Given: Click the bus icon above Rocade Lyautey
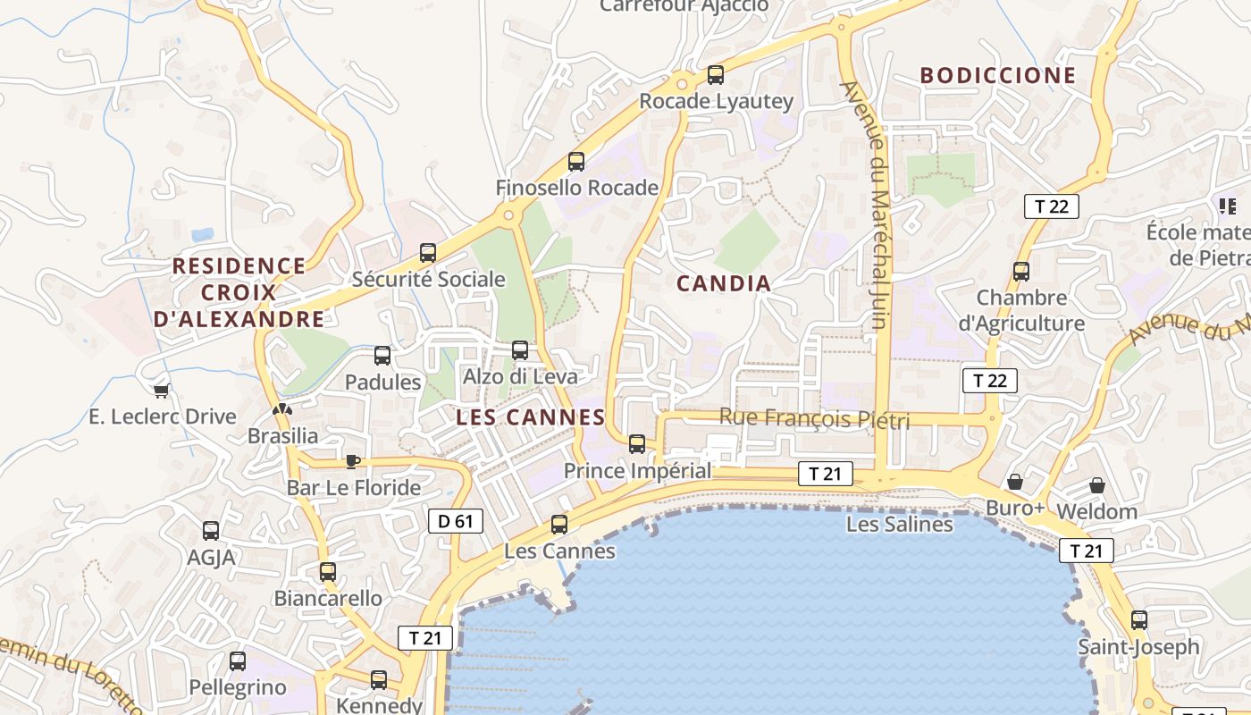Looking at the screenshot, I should tap(715, 75).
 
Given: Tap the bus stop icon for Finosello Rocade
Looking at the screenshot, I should tap(576, 162).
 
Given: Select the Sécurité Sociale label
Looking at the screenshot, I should tap(428, 280).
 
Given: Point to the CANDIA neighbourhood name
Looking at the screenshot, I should tap(723, 284).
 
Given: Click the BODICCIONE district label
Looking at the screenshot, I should tap(998, 76).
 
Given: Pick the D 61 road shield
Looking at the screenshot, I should tap(456, 521).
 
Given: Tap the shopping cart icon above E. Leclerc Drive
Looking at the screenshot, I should tap(162, 391).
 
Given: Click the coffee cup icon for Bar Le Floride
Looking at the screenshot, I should tap(353, 461).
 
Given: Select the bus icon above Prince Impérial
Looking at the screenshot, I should tap(637, 443).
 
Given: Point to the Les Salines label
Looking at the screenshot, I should tap(899, 525).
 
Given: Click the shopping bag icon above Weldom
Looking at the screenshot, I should tap(1096, 486).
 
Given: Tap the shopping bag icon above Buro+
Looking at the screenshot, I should tap(1015, 483).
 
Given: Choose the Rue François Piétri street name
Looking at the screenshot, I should tap(814, 418).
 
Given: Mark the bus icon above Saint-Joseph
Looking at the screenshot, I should tap(1138, 619).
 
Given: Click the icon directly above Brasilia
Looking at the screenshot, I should tap(282, 410).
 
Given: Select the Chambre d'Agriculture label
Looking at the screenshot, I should tap(1021, 310).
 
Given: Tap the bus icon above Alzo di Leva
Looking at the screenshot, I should tap(520, 350).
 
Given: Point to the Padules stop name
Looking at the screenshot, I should tap(382, 383).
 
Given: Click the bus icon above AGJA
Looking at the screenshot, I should tap(211, 531).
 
